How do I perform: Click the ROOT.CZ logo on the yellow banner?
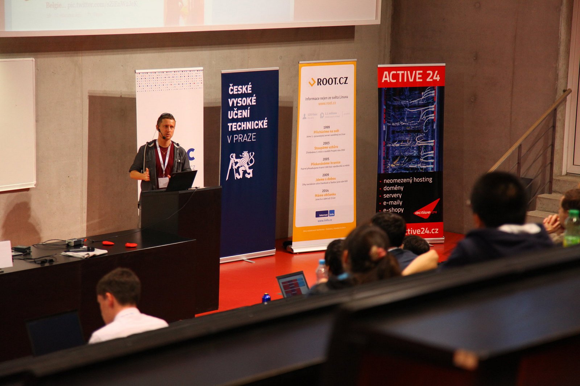pyautogui.click(x=328, y=81)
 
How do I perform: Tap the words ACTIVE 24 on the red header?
pyautogui.click(x=411, y=76)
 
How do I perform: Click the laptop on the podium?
pyautogui.click(x=181, y=180)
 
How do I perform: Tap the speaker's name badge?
pyautogui.click(x=163, y=182)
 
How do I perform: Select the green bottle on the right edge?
pyautogui.click(x=572, y=228)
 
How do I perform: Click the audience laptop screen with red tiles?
pyautogui.click(x=293, y=284)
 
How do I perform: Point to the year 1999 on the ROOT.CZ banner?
pyautogui.click(x=326, y=127)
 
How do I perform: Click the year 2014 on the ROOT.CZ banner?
pyautogui.click(x=325, y=190)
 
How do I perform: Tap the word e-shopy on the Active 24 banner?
pyautogui.click(x=393, y=210)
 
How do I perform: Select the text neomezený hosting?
pyautogui.click(x=407, y=180)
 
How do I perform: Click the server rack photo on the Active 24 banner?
pyautogui.click(x=411, y=130)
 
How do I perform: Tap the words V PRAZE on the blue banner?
pyautogui.click(x=241, y=138)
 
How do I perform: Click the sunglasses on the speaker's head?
pyautogui.click(x=166, y=115)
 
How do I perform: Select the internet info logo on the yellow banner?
pyautogui.click(x=325, y=214)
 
